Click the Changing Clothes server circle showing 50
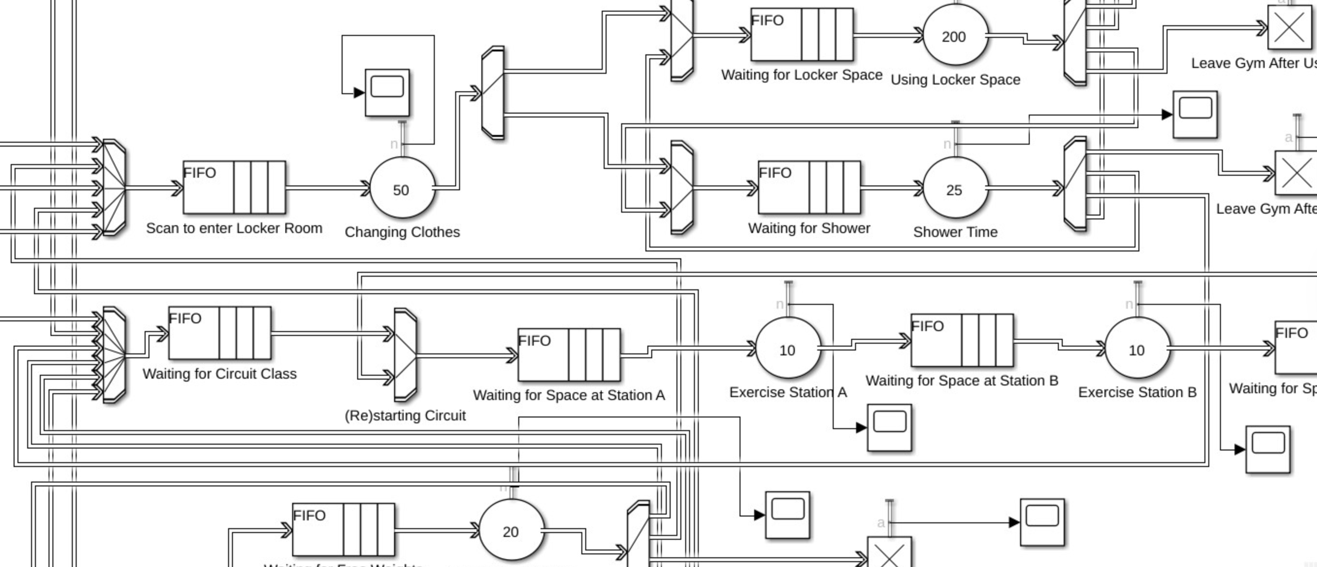402,189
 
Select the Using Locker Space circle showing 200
955,36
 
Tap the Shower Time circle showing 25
955,189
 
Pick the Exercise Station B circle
1137,349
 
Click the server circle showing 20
511,531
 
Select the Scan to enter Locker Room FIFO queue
234,187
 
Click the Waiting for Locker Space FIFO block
801,34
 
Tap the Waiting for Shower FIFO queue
809,187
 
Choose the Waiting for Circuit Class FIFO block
220,333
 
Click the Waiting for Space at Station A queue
569,355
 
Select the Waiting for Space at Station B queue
962,340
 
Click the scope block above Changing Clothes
387,93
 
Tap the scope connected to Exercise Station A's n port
889,427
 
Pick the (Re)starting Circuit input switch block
405,355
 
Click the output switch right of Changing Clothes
493,93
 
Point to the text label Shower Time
955,232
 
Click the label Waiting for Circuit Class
219,373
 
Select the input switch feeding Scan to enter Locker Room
114,187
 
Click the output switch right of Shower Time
1075,184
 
